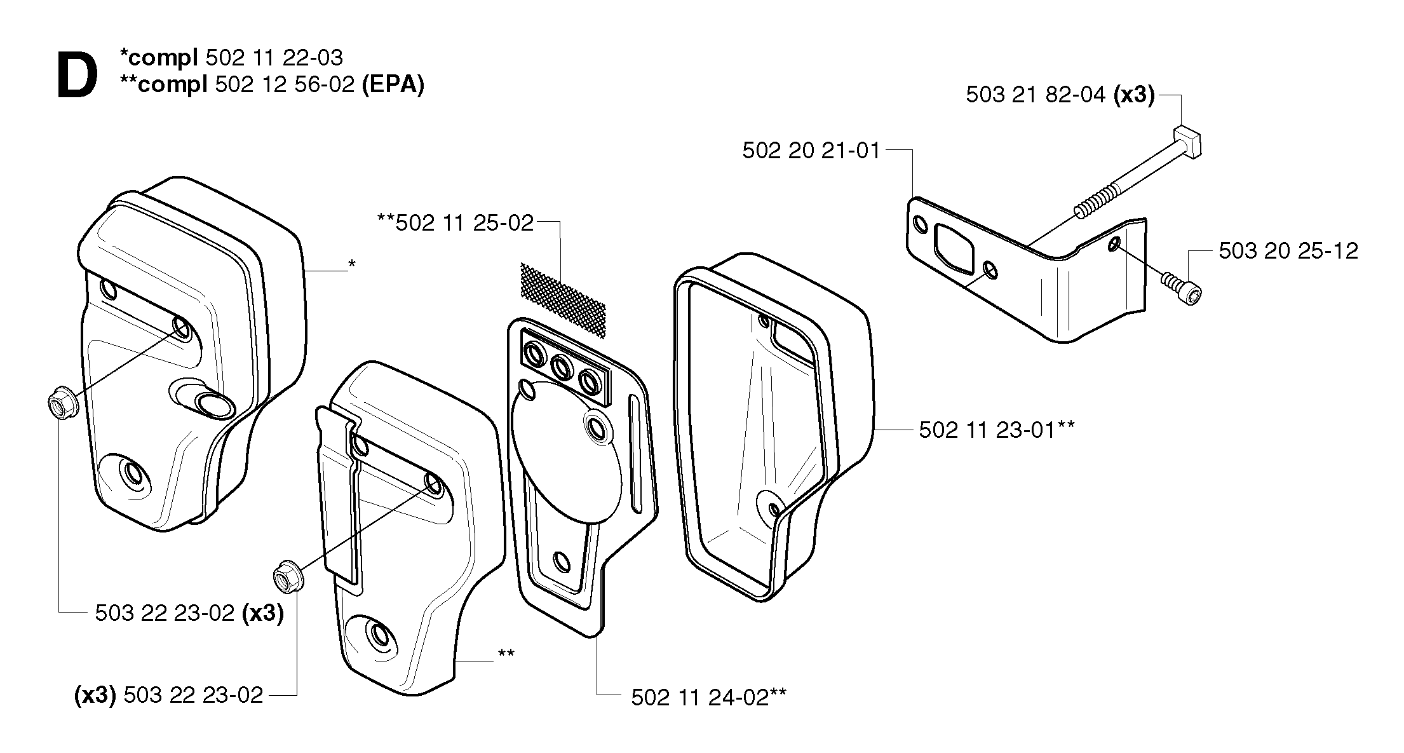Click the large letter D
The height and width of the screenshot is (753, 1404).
(x=78, y=76)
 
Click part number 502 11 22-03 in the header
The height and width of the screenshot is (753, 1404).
(x=274, y=58)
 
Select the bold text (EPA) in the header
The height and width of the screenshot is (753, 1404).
(x=393, y=84)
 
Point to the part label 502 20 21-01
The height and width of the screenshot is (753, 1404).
(x=811, y=151)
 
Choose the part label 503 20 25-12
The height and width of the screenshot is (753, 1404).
(x=1288, y=250)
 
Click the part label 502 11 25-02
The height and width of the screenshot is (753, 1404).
(x=464, y=223)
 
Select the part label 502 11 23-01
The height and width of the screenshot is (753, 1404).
(x=988, y=430)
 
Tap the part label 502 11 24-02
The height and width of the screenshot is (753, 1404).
(x=700, y=697)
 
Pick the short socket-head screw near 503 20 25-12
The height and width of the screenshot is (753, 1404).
(x=1181, y=288)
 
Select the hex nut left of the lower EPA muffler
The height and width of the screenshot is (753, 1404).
(x=288, y=577)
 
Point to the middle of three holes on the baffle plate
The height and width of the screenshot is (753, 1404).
(x=562, y=367)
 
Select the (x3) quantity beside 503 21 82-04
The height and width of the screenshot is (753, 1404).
(x=1134, y=95)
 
